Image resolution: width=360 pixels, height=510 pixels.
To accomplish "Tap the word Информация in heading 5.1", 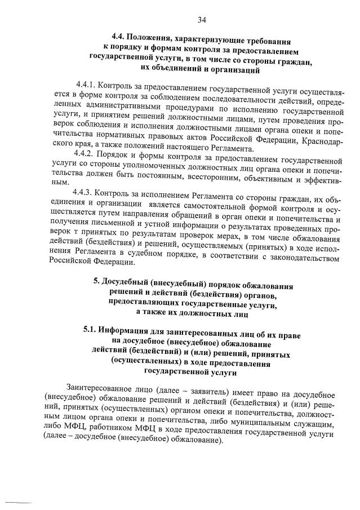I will pyautogui.click(x=125, y=328).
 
